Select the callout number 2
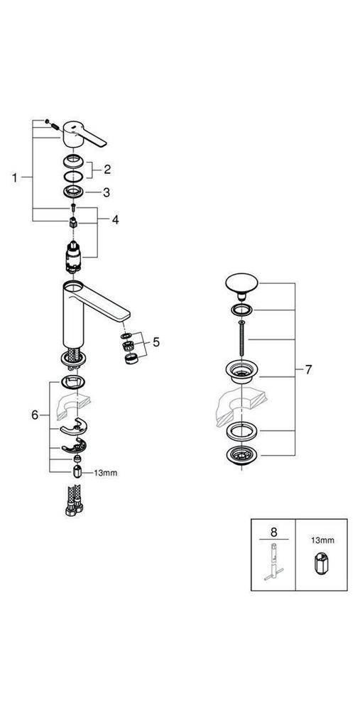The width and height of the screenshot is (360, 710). pos(108,169)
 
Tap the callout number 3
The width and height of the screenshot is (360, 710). pos(107,192)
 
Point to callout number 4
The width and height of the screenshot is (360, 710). pos(115,220)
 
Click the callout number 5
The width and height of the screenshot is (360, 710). pos(156,342)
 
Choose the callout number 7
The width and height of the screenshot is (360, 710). pos(308,370)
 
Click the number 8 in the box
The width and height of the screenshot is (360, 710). pos(273,530)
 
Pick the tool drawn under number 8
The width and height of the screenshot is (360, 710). pos(273,564)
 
